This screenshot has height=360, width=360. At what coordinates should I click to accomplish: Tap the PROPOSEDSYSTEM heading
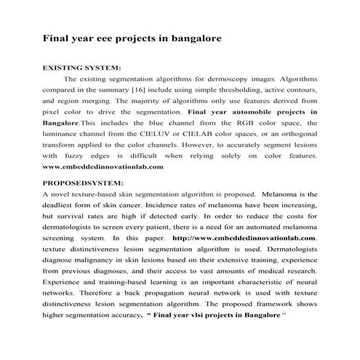click(x=84, y=183)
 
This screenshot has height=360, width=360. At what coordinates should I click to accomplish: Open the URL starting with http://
click(x=244, y=237)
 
